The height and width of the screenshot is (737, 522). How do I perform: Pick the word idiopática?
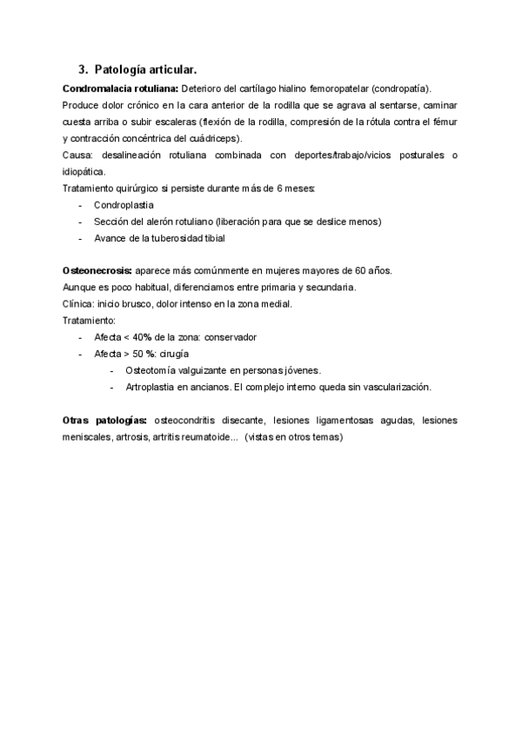click(86, 172)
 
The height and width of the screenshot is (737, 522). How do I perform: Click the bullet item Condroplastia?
click(124, 205)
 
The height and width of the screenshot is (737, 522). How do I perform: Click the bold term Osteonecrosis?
click(97, 271)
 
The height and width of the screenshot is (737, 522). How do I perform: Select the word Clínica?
click(78, 304)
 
